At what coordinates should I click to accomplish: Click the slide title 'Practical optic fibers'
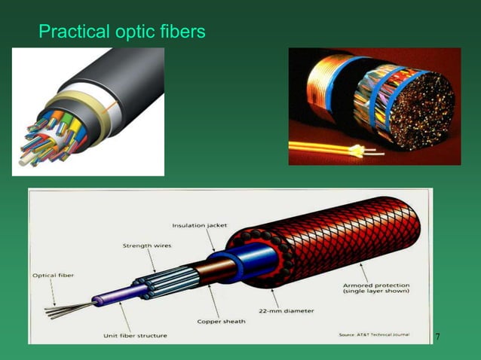click(x=121, y=32)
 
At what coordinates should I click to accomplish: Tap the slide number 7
click(x=438, y=335)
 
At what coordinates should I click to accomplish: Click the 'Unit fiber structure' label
click(x=135, y=334)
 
